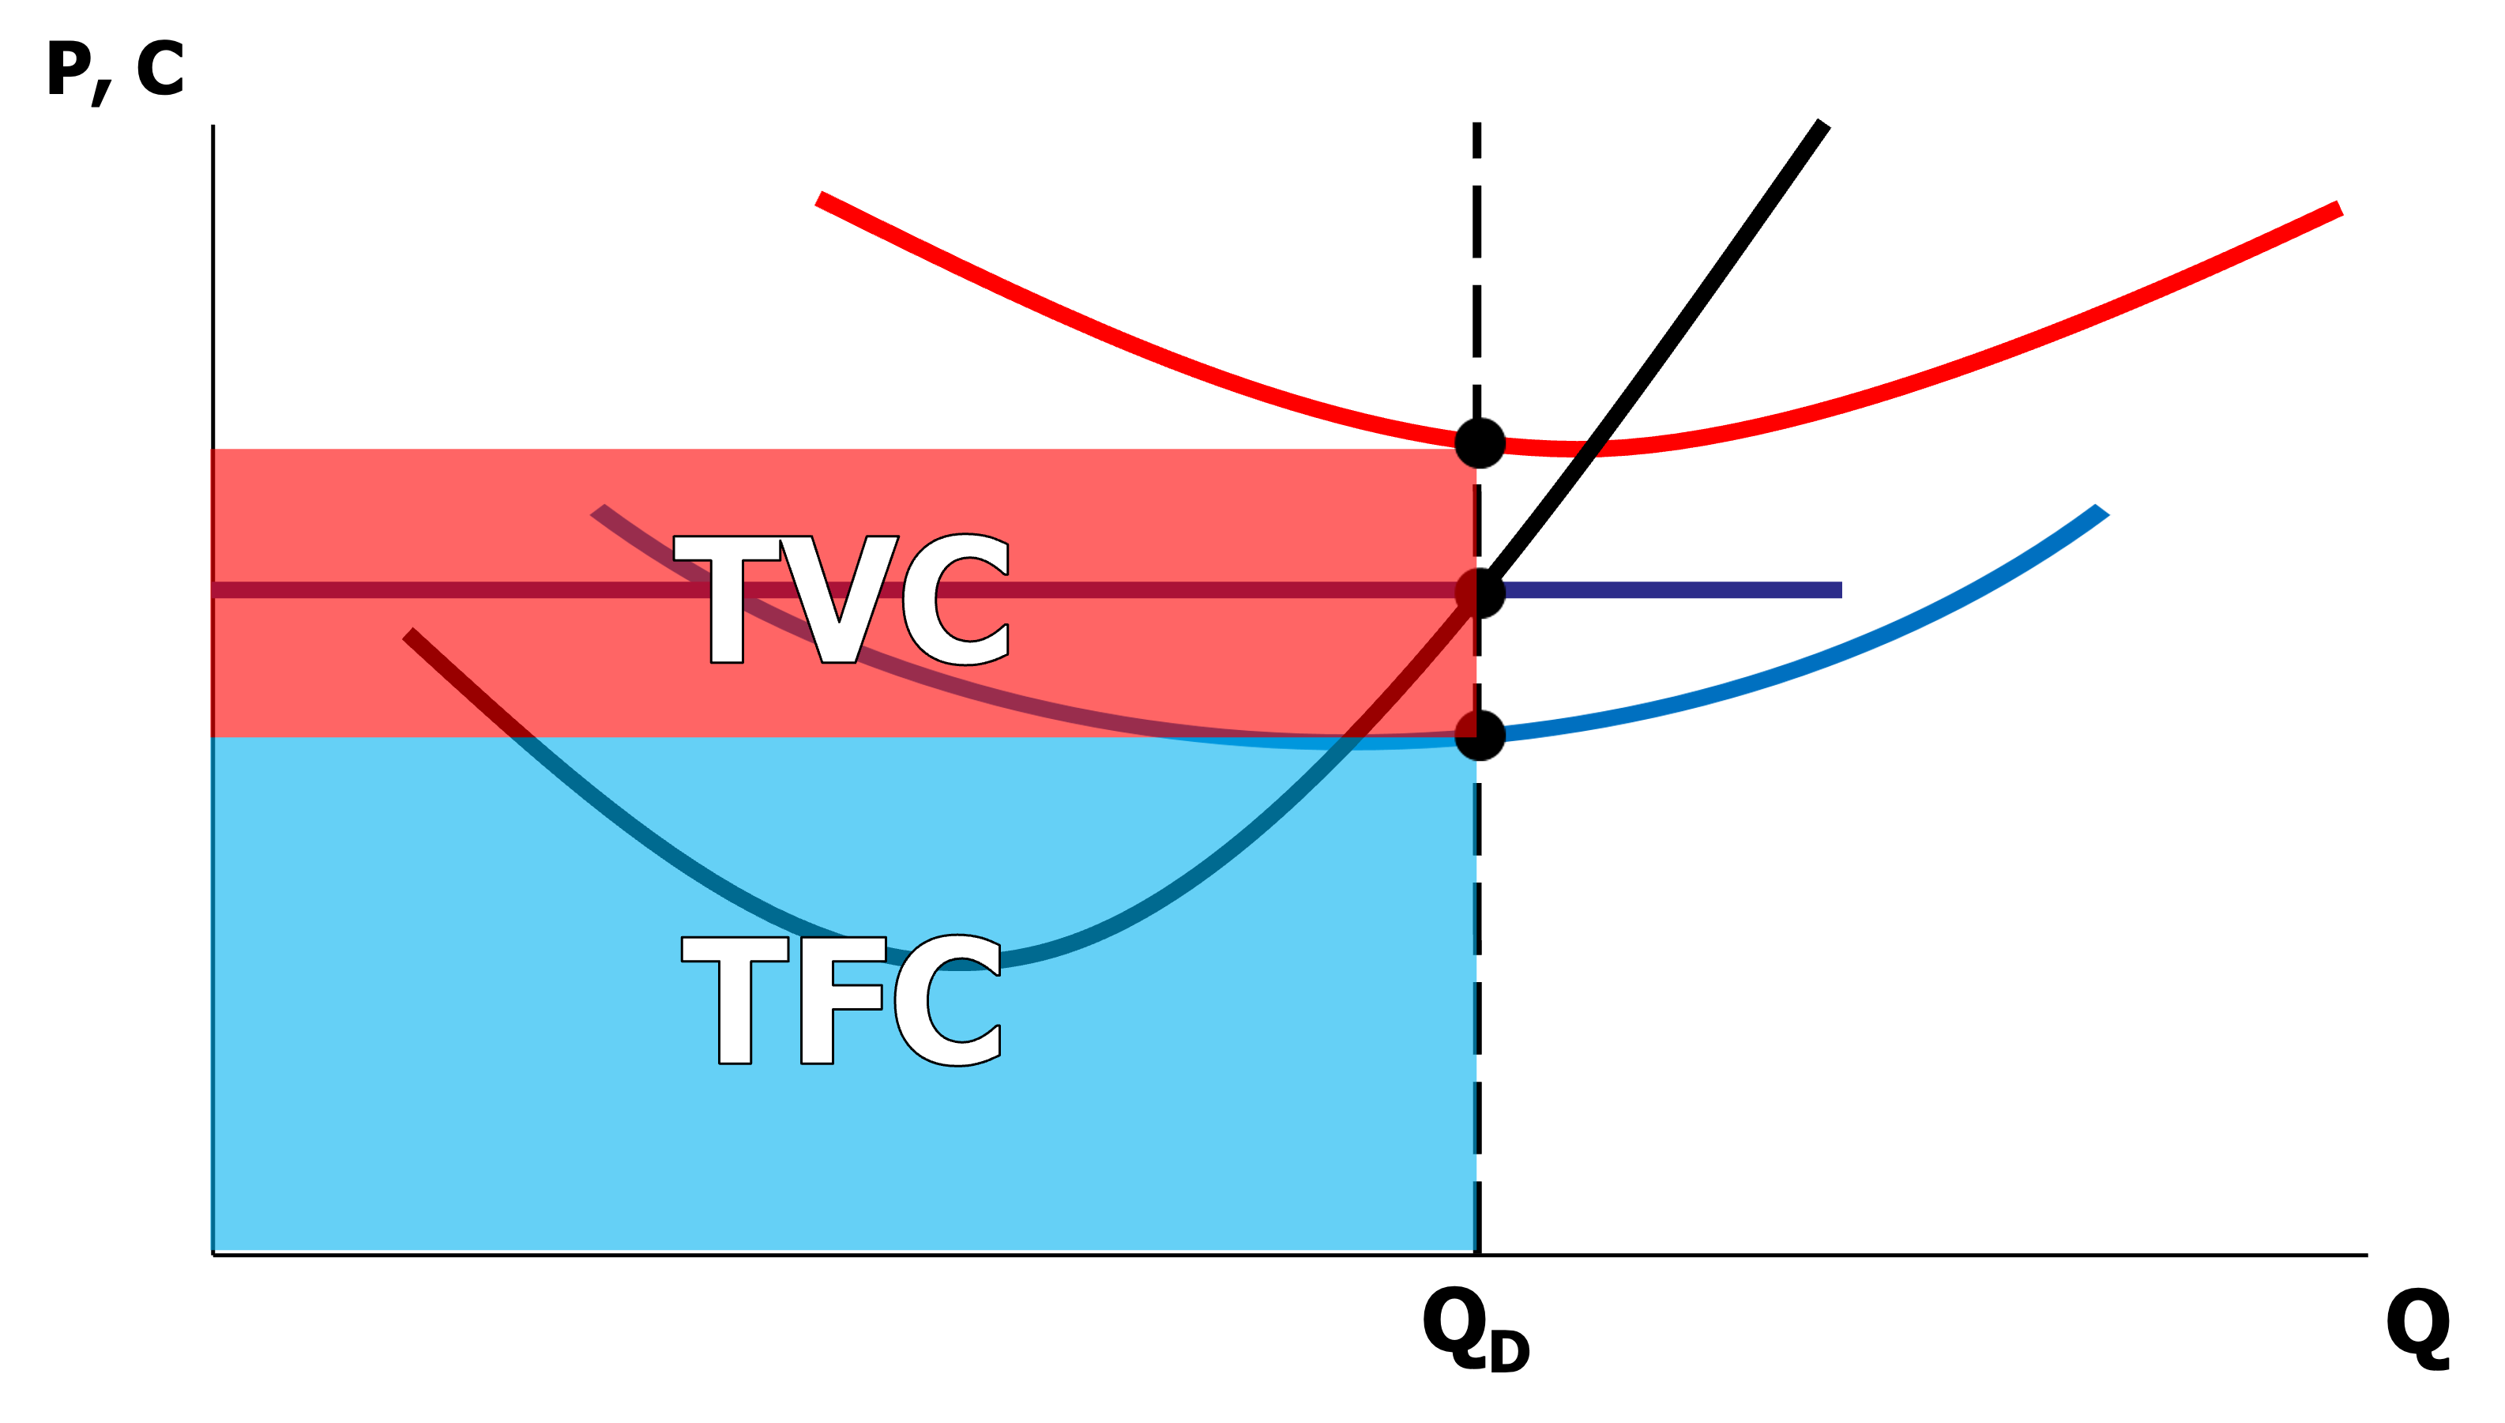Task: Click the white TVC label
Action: coord(841,599)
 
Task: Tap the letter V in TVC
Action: coord(838,599)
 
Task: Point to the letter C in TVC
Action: coord(956,599)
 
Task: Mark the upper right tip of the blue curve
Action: coord(2104,509)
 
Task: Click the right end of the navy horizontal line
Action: coord(1841,590)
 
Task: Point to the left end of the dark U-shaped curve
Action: coord(408,635)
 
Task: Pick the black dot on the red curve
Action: coord(1478,445)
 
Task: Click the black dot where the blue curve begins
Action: coord(1478,735)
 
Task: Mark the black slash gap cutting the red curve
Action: coord(1593,448)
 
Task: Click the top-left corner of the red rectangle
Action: coord(213,450)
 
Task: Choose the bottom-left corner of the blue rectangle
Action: coord(213,1249)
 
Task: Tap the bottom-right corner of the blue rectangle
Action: coord(1474,1249)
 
